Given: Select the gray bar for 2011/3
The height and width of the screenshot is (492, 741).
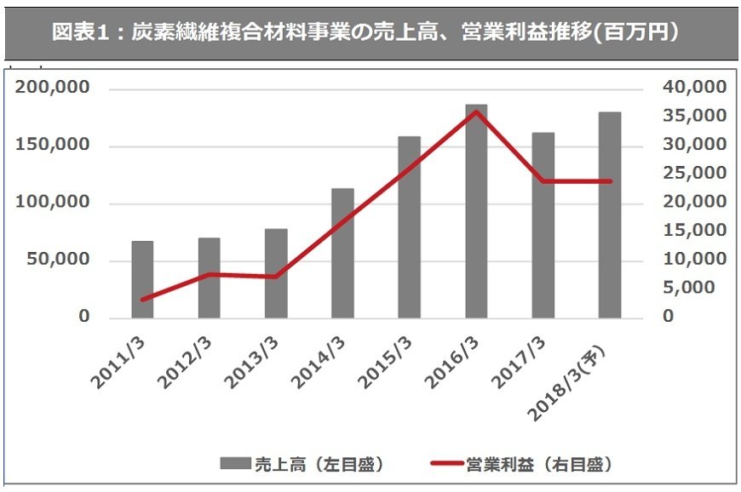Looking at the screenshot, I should pyautogui.click(x=142, y=280).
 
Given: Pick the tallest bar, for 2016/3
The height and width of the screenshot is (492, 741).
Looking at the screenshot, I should pyautogui.click(x=476, y=212).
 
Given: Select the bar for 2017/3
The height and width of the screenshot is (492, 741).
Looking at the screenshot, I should pyautogui.click(x=543, y=226).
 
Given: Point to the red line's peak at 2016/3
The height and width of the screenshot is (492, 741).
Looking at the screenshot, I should pyautogui.click(x=476, y=112).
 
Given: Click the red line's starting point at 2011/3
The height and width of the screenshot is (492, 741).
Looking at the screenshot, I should pyautogui.click(x=142, y=300).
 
